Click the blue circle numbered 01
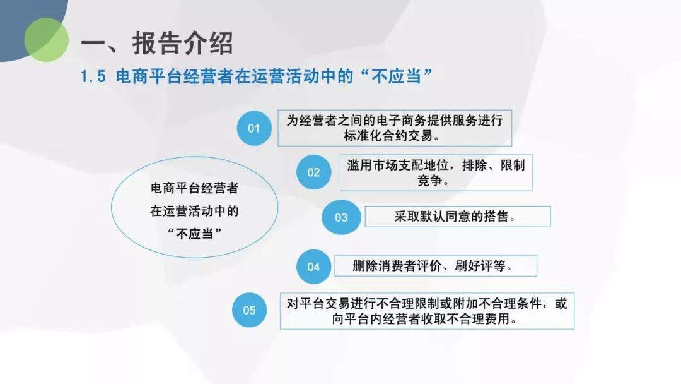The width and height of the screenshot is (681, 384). [254, 128]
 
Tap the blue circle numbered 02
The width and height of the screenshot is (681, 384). [313, 172]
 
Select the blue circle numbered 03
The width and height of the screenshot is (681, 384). [341, 217]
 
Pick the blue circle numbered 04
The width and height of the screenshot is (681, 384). [313, 267]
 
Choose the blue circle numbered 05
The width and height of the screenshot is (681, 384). [249, 310]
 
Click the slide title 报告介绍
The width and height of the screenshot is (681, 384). [182, 44]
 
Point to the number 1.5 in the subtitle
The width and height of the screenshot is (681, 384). [93, 77]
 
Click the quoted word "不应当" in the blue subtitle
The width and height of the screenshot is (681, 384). [397, 77]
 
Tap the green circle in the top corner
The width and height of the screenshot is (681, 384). [46, 40]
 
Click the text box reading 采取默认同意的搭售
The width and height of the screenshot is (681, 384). [458, 217]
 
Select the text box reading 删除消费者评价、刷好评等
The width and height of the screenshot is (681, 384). [436, 266]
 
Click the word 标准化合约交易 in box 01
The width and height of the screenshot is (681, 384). [388, 136]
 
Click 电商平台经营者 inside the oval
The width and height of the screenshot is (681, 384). [195, 188]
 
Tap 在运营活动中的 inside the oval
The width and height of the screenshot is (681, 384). [195, 212]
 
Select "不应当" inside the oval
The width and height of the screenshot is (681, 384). [195, 234]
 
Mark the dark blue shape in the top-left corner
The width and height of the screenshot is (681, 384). [30, 26]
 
